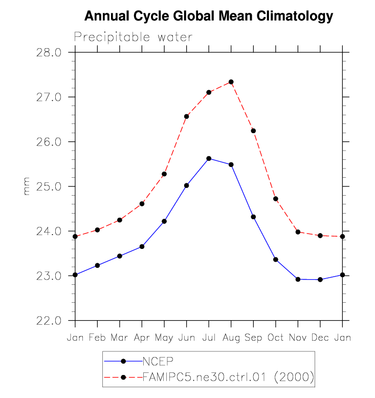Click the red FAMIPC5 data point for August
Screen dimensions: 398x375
(x=231, y=82)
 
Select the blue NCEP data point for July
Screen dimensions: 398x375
(x=209, y=159)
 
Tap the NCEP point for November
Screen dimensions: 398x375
(x=298, y=279)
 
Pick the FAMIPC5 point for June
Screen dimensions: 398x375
(x=187, y=116)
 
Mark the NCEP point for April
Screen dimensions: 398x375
(x=142, y=246)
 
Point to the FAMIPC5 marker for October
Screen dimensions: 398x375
(x=276, y=199)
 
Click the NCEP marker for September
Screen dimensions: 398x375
(x=253, y=217)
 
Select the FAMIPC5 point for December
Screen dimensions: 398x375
(x=320, y=236)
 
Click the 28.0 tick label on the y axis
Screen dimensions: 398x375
(x=49, y=53)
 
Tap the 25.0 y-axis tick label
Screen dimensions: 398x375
(x=49, y=186)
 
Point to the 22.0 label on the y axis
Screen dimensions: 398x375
(x=49, y=321)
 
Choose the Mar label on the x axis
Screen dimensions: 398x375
(x=120, y=338)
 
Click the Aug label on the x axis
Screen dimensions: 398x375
(x=231, y=338)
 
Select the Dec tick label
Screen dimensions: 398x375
(x=320, y=338)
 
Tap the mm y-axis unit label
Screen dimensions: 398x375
(x=27, y=186)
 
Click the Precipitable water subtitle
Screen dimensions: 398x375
(x=133, y=37)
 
